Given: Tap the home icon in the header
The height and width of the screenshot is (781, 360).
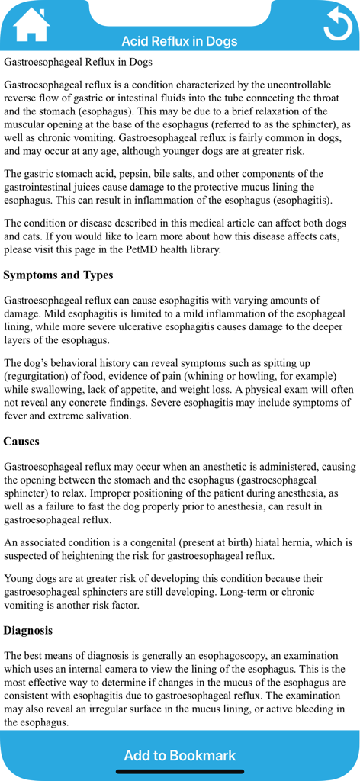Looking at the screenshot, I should pyautogui.click(x=31, y=25).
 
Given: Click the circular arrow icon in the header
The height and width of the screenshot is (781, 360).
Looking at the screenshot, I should pyautogui.click(x=336, y=24).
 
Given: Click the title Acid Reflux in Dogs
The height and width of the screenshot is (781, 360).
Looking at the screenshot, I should pyautogui.click(x=179, y=41).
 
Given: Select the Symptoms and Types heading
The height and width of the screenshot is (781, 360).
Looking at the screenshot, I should pyautogui.click(x=58, y=275).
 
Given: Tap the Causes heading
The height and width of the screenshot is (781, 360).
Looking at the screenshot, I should pyautogui.click(x=21, y=441).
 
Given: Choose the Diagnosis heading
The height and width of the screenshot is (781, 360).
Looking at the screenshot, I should pyautogui.click(x=28, y=630).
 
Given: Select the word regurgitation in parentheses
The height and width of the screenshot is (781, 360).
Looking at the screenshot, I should pyautogui.click(x=40, y=376).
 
